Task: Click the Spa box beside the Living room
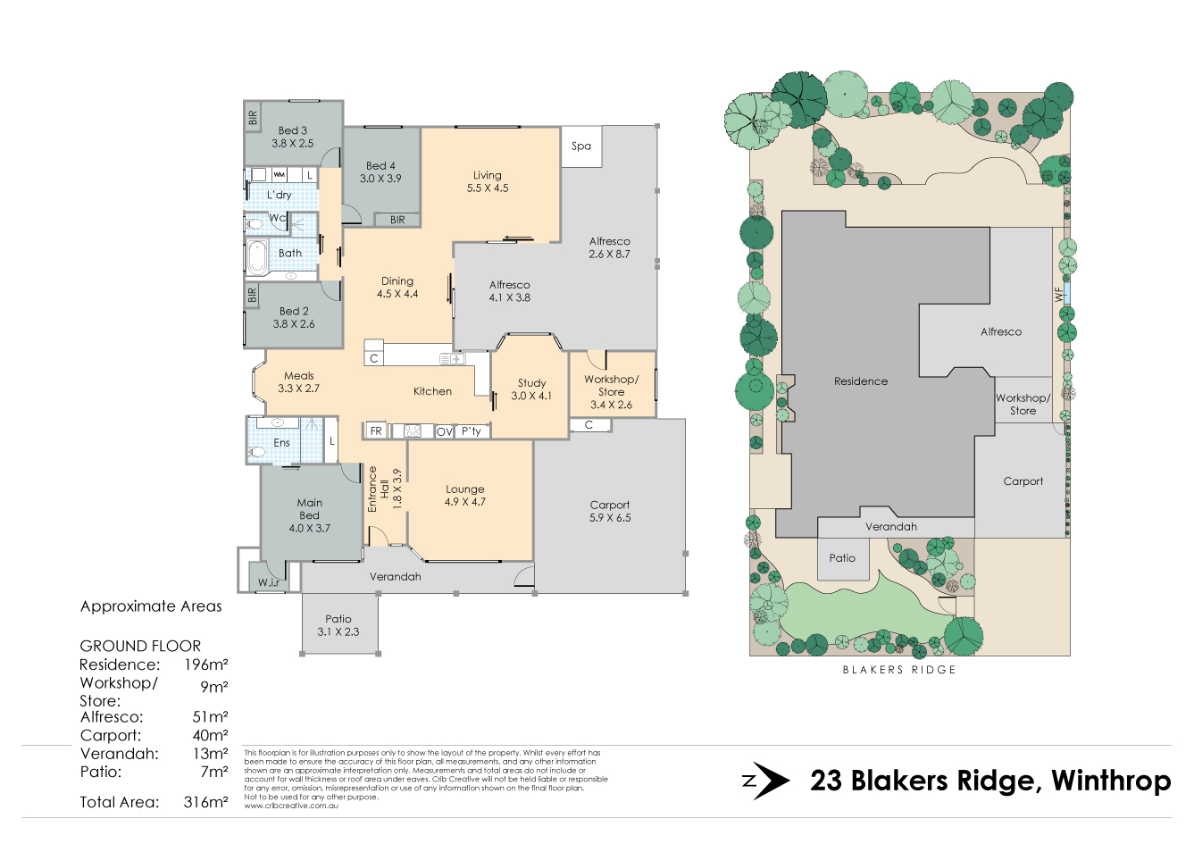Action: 581,146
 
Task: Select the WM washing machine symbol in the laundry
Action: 279,174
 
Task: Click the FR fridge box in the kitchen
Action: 376,430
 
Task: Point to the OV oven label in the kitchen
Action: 445,432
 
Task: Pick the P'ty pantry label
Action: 472,430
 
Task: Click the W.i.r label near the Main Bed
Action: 269,582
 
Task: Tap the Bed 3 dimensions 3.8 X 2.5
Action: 293,144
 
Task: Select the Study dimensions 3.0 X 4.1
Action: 531,397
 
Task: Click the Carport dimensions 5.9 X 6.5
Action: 610,518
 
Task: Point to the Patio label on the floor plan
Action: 338,619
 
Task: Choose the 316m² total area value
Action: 205,802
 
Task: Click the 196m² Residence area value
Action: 206,664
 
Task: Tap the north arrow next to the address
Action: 766,781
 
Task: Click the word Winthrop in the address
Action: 1111,781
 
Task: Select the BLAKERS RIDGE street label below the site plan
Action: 899,670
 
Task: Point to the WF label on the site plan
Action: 1058,295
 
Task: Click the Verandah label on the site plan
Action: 891,527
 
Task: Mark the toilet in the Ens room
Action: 256,452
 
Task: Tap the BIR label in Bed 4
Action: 397,220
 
